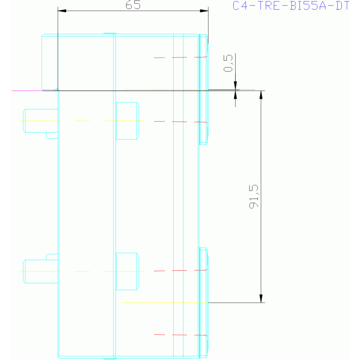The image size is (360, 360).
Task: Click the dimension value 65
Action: pyautogui.click(x=133, y=5)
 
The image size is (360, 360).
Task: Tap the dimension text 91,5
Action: pyautogui.click(x=254, y=197)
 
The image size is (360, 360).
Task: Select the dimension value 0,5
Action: pyautogui.click(x=228, y=63)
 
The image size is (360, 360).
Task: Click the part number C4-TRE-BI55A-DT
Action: pyautogui.click(x=291, y=6)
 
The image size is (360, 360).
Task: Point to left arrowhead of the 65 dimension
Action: pyautogui.click(x=62, y=11)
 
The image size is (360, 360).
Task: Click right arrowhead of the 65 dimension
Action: pyautogui.click(x=204, y=11)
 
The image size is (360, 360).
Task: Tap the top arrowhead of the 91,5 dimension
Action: pyautogui.click(x=261, y=95)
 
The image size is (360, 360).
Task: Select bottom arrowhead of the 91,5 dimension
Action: pyautogui.click(x=261, y=299)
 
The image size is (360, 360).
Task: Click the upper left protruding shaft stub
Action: pyautogui.click(x=40, y=121)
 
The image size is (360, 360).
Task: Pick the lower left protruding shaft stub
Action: pyautogui.click(x=40, y=271)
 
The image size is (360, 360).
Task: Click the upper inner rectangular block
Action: pyautogui.click(x=127, y=121)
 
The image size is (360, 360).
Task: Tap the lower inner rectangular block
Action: pyautogui.click(x=127, y=271)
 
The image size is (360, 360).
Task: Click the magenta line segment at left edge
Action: pyautogui.click(x=27, y=91)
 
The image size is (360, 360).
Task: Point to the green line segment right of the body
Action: pyautogui.click(x=247, y=90)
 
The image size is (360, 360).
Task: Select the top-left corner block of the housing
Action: pyautogui.click(x=50, y=62)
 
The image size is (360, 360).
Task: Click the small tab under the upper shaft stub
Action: pyautogui.click(x=52, y=136)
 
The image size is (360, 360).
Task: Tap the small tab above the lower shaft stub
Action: pyautogui.click(x=52, y=257)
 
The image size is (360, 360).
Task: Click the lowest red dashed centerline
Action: pyautogui.click(x=180, y=335)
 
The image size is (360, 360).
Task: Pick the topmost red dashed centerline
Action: pyautogui.click(x=180, y=57)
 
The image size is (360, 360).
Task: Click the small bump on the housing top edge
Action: pyautogui.click(x=110, y=33)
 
